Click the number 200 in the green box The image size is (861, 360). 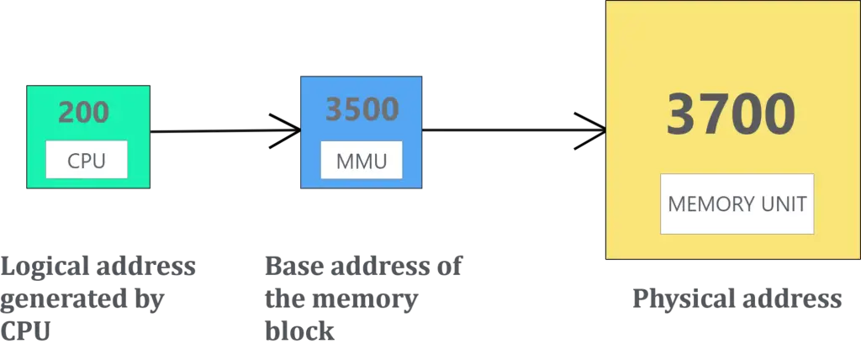pyautogui.click(x=84, y=112)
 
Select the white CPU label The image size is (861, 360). pyautogui.click(x=87, y=160)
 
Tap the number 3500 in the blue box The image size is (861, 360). pyautogui.click(x=362, y=110)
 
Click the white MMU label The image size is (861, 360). pyautogui.click(x=362, y=160)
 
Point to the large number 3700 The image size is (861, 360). pyautogui.click(x=731, y=114)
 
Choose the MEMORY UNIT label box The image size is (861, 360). pyautogui.click(x=737, y=204)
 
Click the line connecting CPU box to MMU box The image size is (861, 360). pyautogui.click(x=224, y=131)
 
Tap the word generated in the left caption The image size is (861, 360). pyautogui.click(x=55, y=300)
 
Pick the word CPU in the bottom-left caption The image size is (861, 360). pyautogui.click(x=27, y=331)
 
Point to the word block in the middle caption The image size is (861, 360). pyautogui.click(x=298, y=331)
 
